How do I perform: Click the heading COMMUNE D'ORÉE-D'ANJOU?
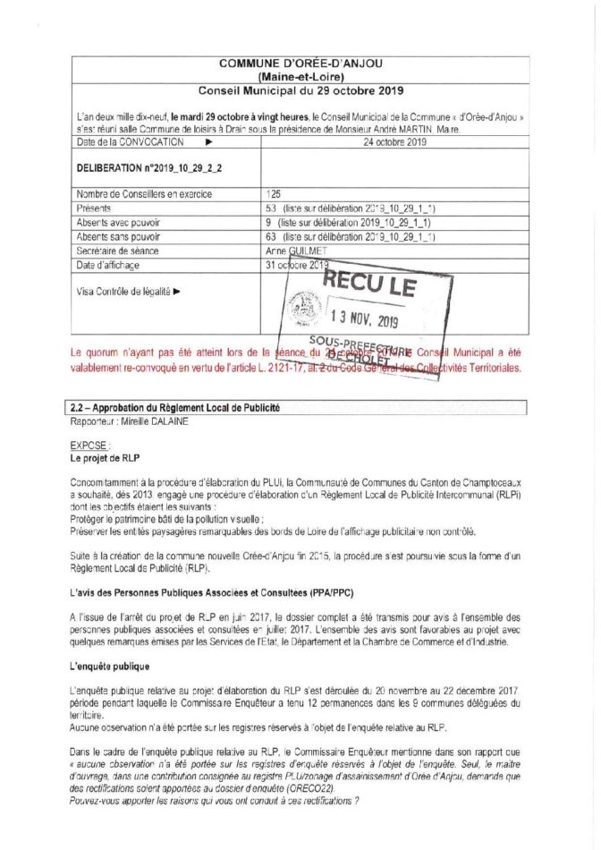(x=300, y=63)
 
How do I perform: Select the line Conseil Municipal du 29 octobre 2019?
(x=300, y=91)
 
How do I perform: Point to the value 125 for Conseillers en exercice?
(x=274, y=193)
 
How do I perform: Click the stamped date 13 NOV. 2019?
(x=367, y=319)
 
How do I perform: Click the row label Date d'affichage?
(x=108, y=266)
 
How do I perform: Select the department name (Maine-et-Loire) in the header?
(x=300, y=76)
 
